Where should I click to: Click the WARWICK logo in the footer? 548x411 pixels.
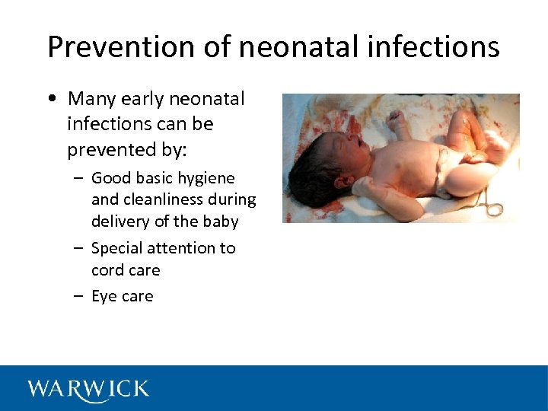tap(88, 389)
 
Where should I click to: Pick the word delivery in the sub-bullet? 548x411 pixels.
tap(119, 221)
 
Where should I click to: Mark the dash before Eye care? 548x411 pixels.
tap(79, 297)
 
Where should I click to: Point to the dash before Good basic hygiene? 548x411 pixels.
tap(79, 179)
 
